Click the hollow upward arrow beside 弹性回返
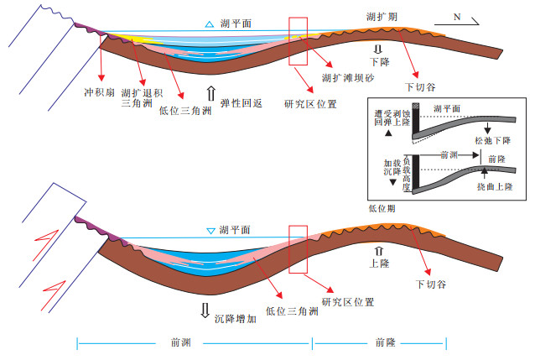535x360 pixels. pos(210,91)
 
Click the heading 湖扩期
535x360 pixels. pos(382,17)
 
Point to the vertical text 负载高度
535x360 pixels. pos(407,171)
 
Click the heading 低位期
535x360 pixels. pos(382,206)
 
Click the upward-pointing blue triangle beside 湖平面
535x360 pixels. pos(209,24)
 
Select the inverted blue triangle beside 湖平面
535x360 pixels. pos(210,229)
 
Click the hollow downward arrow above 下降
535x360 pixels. pos(377,50)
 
